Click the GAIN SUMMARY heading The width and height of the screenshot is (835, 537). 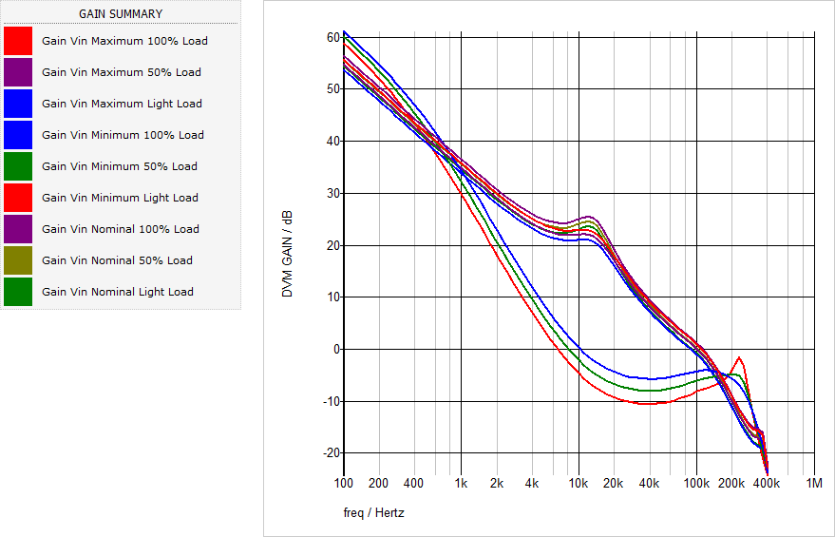coord(120,14)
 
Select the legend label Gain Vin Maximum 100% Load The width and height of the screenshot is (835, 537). coord(124,41)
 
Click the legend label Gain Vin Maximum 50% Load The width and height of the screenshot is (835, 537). coord(121,72)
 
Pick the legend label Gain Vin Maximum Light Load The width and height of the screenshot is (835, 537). coord(122,104)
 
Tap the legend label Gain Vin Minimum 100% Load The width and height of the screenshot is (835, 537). coord(123,135)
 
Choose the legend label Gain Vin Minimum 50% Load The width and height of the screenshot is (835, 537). coord(120,166)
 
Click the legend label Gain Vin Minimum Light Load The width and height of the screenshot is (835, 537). coord(120,198)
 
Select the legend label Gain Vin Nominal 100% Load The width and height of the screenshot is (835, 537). coord(121,229)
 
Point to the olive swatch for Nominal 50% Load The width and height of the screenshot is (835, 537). coord(18,260)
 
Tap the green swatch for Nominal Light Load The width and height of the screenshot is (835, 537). coord(18,292)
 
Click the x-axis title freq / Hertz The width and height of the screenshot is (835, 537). coord(373,513)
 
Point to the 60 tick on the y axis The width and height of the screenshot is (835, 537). coord(332,37)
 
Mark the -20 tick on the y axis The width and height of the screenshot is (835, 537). coord(330,453)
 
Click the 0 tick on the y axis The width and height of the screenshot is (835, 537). coord(334,349)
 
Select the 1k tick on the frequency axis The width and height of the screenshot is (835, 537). coord(461,483)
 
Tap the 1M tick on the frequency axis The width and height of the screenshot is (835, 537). coord(814,483)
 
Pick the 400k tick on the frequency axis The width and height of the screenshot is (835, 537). coord(767,483)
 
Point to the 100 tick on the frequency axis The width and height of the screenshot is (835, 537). coord(343,483)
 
